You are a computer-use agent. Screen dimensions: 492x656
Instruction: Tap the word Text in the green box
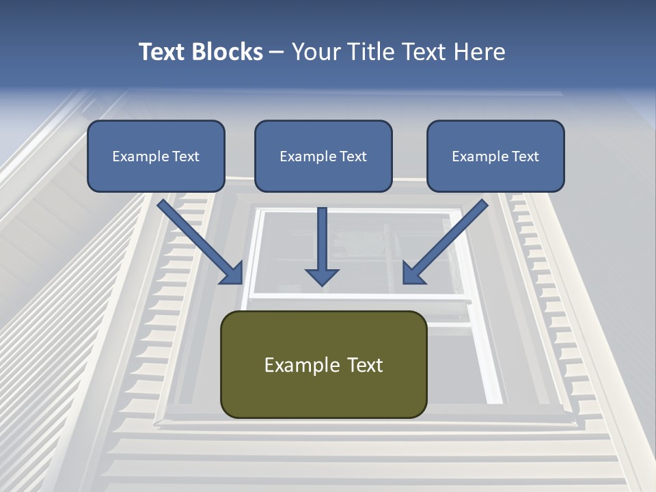(x=364, y=366)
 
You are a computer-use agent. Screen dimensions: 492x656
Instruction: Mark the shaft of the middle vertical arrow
(x=322, y=236)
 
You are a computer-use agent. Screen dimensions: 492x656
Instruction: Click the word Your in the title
(x=316, y=52)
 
